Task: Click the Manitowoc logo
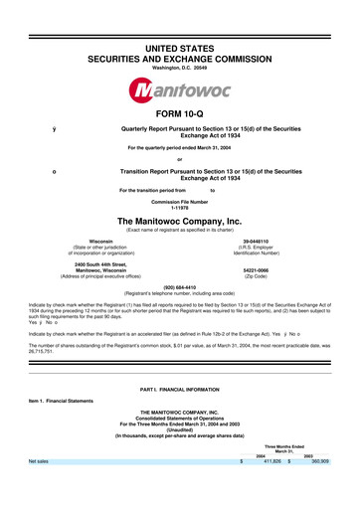tap(179, 94)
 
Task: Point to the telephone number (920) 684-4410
tap(179, 289)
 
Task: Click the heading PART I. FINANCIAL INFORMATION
tap(179, 400)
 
